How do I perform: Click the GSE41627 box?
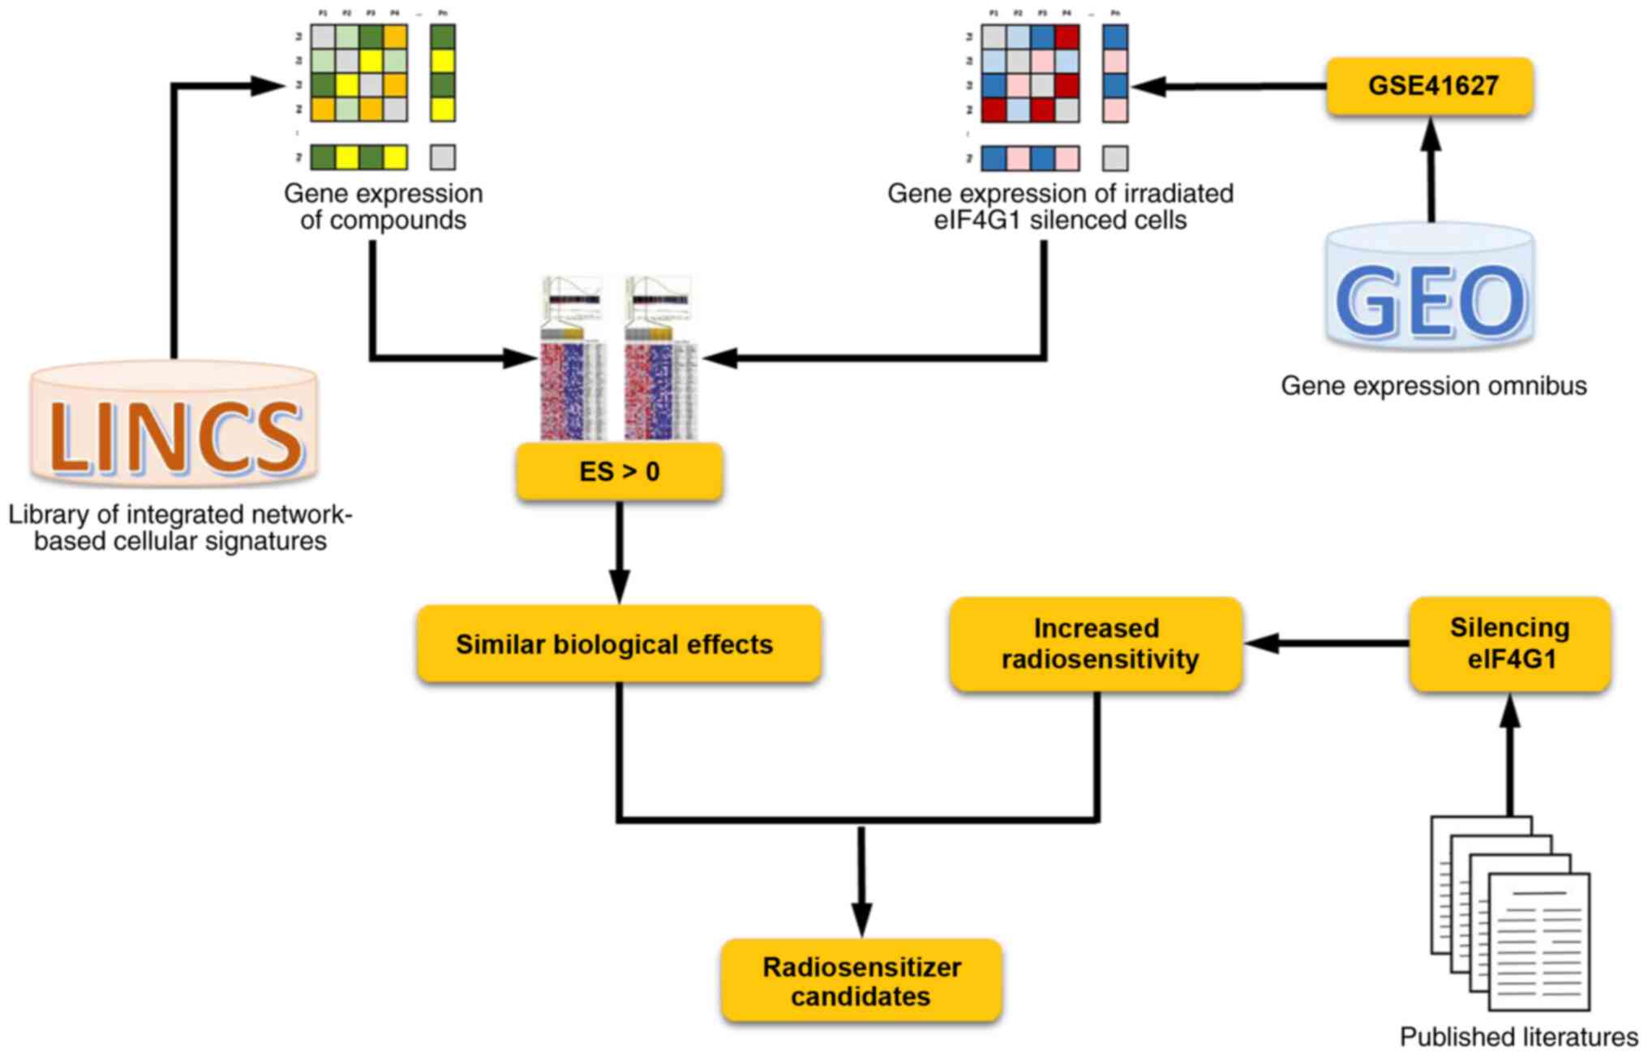[1430, 86]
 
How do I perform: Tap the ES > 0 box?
[620, 471]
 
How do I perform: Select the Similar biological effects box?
[619, 644]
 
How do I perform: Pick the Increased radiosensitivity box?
[1097, 644]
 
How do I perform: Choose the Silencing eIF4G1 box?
[1509, 644]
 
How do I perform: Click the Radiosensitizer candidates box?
[861, 981]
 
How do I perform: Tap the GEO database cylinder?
[1430, 288]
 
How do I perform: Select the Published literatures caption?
[1518, 1037]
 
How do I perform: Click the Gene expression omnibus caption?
[1433, 385]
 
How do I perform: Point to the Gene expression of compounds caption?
[383, 207]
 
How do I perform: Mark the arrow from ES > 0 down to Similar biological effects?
[620, 552]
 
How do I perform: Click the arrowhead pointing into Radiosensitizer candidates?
[861, 921]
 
